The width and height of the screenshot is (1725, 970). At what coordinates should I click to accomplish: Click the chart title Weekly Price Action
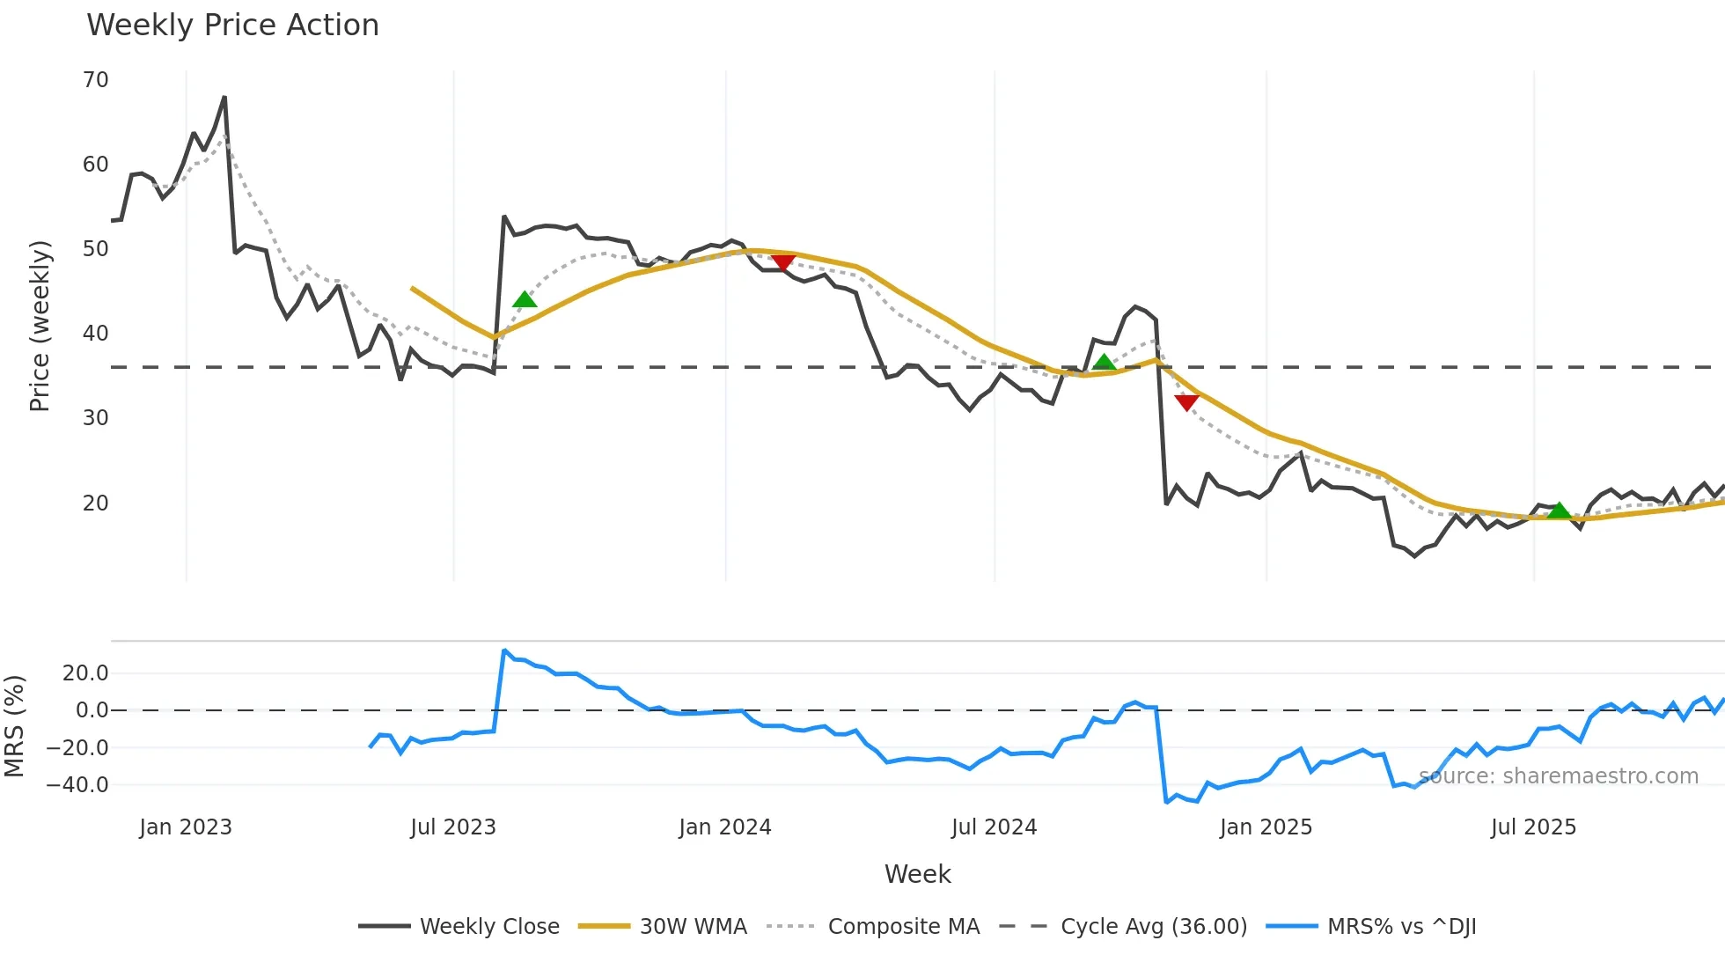coord(232,26)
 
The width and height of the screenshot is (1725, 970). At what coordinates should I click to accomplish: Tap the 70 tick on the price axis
coord(95,80)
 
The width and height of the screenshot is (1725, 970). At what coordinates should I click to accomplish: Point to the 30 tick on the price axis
coord(95,418)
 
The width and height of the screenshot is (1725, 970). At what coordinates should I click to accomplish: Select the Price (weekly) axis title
coord(40,326)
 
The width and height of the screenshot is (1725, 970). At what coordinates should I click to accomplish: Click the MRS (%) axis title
coord(14,726)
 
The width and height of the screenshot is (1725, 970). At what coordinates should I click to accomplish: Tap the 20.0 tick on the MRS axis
coord(85,673)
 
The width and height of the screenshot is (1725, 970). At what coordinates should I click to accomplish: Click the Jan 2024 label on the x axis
coord(724,827)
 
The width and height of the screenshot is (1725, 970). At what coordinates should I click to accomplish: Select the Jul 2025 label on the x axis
coord(1533,827)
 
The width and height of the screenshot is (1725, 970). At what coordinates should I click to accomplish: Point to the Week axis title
coord(917,874)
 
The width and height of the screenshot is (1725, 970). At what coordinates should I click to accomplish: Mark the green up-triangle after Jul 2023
coord(525,300)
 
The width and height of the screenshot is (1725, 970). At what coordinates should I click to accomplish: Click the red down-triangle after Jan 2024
coord(782,262)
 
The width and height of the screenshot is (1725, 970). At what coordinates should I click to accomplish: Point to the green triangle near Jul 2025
coord(1559,511)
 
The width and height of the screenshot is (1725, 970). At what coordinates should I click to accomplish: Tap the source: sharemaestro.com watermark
coord(1558,776)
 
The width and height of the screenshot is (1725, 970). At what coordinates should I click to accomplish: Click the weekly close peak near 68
coord(224,98)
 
